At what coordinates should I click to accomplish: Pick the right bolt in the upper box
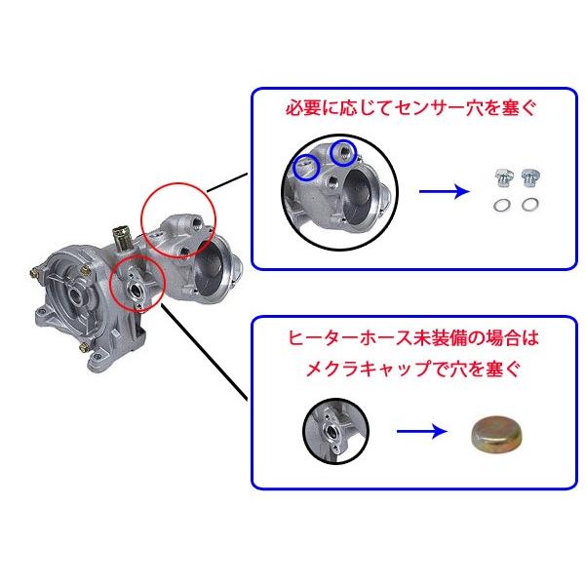tap(530, 178)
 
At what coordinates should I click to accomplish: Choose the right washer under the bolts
tap(530, 205)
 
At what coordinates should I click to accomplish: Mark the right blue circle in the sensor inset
tap(340, 152)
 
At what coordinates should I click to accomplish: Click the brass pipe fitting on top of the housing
tap(123, 237)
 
